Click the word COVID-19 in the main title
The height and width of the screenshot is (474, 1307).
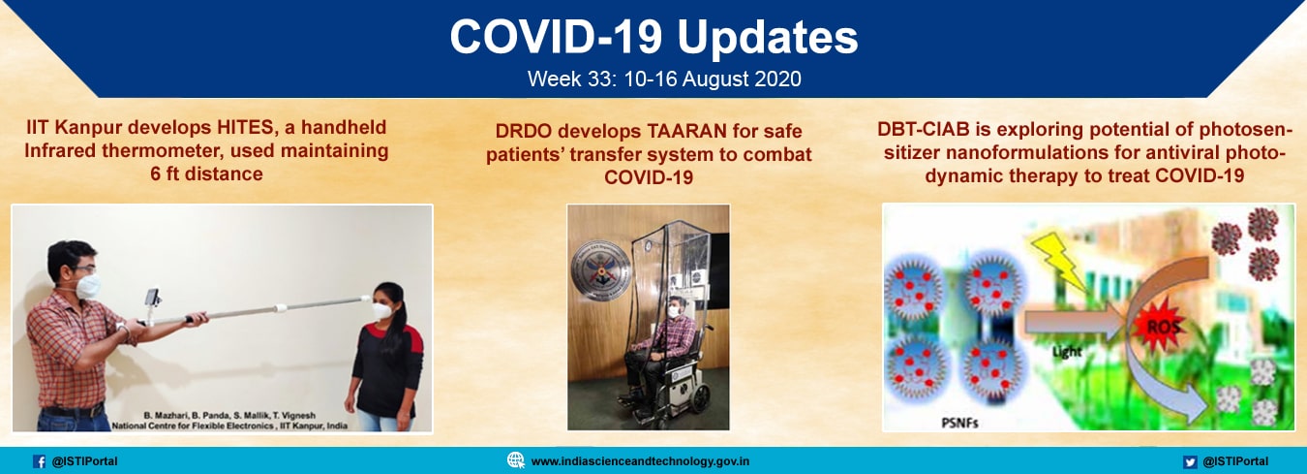coord(556,38)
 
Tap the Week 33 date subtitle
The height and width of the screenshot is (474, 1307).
coord(664,79)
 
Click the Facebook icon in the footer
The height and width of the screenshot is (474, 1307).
coord(40,461)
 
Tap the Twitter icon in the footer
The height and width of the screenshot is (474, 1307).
coord(1190,461)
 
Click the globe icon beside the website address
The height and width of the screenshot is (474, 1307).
coord(516,460)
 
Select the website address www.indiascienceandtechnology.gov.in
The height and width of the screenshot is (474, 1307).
coord(640,461)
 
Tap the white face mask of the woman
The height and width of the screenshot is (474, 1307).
coord(382,311)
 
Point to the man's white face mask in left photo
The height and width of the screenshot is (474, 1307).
coord(88,286)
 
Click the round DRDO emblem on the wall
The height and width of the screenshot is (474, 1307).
coord(601,270)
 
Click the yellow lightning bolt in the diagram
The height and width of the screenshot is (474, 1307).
coord(1060,262)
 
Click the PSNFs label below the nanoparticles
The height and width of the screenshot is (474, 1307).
coord(959,422)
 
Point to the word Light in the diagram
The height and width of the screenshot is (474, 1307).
coord(1067,352)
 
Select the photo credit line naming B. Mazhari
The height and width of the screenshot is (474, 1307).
coord(229,416)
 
